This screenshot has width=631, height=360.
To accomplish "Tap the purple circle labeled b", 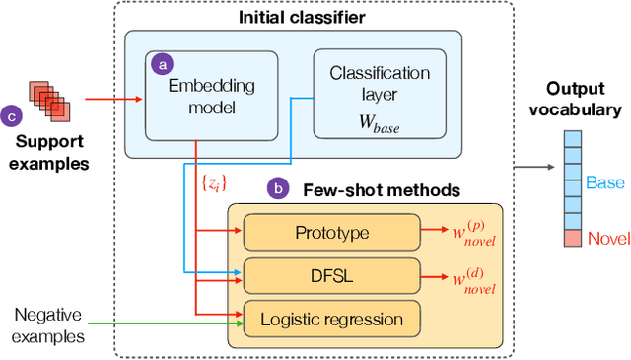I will pos(279,185).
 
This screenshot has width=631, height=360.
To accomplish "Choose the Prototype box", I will pos(330,233).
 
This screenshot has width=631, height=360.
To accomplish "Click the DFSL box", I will pos(330,275).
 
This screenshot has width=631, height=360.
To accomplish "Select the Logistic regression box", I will pos(330,319).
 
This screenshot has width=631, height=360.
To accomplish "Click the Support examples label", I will pos(48,149).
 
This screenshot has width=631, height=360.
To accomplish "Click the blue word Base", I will pos(604,182).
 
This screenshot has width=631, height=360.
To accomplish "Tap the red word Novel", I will pos(606,238).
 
